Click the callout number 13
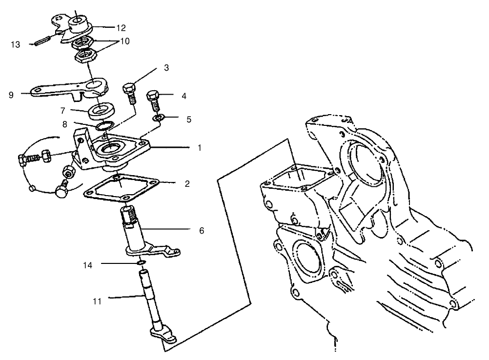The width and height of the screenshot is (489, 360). pyautogui.click(x=16, y=44)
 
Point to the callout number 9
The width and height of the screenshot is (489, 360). pyautogui.click(x=11, y=95)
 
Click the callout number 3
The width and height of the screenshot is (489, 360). pyautogui.click(x=166, y=68)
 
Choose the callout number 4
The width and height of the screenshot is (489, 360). pyautogui.click(x=183, y=96)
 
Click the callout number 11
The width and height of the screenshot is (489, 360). pyautogui.click(x=97, y=301)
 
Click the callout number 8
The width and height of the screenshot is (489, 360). pyautogui.click(x=65, y=124)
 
